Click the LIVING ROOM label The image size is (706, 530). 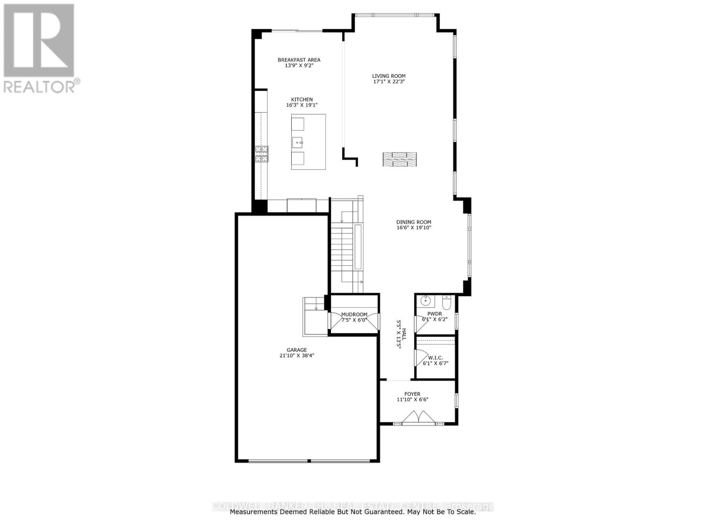click(388, 76)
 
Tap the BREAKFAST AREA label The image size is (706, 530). click(299, 60)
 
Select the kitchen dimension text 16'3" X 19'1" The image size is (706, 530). click(302, 105)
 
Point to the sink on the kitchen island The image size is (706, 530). click(298, 142)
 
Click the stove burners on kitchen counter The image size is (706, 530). click(262, 154)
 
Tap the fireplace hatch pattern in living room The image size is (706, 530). click(399, 159)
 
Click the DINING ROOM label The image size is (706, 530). click(413, 222)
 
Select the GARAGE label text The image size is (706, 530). click(297, 350)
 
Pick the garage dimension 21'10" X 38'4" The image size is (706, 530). click(297, 356)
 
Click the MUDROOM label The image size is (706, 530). click(354, 314)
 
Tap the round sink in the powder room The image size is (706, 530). click(425, 301)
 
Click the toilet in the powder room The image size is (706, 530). click(446, 303)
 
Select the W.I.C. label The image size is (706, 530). click(435, 358)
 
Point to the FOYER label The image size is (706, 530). click(413, 394)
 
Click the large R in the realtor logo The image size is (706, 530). click(39, 40)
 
